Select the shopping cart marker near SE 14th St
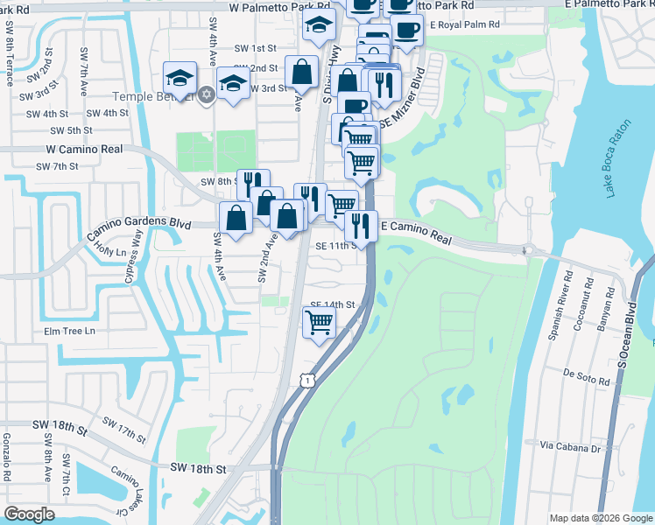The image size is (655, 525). [x=319, y=323]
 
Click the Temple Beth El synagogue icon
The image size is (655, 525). [x=207, y=94]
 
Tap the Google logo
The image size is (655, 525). [x=29, y=514]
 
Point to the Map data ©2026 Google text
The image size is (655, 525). [x=599, y=518]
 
